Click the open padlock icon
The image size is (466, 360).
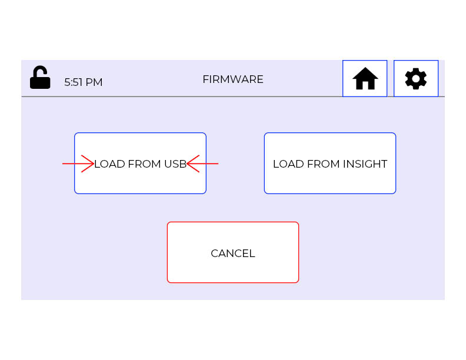pyautogui.click(x=40, y=78)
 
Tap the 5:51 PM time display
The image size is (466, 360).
pyautogui.click(x=83, y=82)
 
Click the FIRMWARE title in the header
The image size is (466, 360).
pyautogui.click(x=232, y=79)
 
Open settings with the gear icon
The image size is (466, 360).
pyautogui.click(x=415, y=78)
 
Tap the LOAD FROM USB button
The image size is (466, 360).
pyautogui.click(x=140, y=176)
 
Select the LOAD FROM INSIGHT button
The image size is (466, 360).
pyautogui.click(x=329, y=164)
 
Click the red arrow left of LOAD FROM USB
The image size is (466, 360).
pyautogui.click(x=78, y=164)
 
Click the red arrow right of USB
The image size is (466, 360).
pyautogui.click(x=202, y=164)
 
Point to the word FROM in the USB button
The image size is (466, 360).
pyautogui.click(x=144, y=164)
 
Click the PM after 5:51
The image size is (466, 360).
pyautogui.click(x=95, y=82)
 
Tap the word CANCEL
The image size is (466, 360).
pyautogui.click(x=232, y=254)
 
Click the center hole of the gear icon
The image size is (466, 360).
pyautogui.click(x=415, y=78)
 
